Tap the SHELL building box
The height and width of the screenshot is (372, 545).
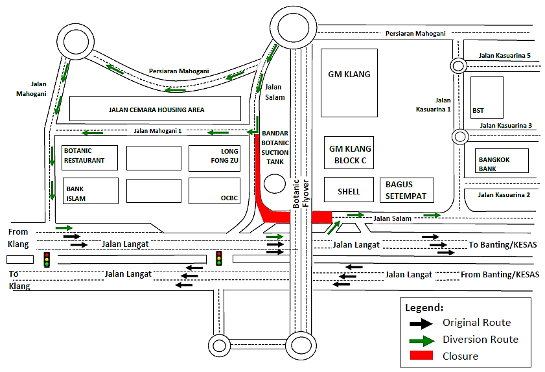(349, 191)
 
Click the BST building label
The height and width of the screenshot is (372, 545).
(478, 110)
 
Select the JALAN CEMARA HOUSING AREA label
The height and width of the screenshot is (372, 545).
(156, 110)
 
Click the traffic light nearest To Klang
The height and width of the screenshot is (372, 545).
(47, 259)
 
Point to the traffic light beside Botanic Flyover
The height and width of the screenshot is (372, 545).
(219, 258)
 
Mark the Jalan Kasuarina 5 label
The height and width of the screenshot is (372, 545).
(504, 56)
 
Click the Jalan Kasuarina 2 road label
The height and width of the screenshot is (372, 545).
(504, 194)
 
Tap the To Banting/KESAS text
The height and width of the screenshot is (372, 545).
(503, 244)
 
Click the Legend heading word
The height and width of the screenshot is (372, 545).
(424, 307)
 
